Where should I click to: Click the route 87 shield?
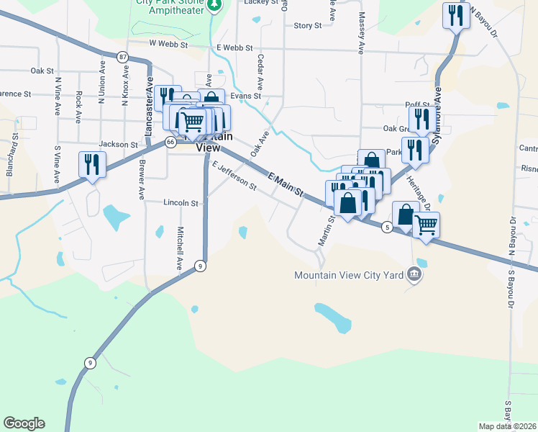pyautogui.click(x=123, y=57)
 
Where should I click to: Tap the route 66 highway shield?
pyautogui.click(x=170, y=143)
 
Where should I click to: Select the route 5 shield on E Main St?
pyautogui.click(x=388, y=228)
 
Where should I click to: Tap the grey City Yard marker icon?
pyautogui.click(x=414, y=274)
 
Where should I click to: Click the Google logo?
pyautogui.click(x=24, y=423)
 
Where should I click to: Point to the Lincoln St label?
pyautogui.click(x=181, y=203)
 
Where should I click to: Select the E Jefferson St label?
pyautogui.click(x=234, y=175)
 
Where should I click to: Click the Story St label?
pyautogui.click(x=307, y=25)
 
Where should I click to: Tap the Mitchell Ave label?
pyautogui.click(x=180, y=248)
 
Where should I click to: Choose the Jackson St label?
pyautogui.click(x=119, y=144)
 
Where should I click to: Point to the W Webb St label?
pyautogui.click(x=168, y=44)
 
